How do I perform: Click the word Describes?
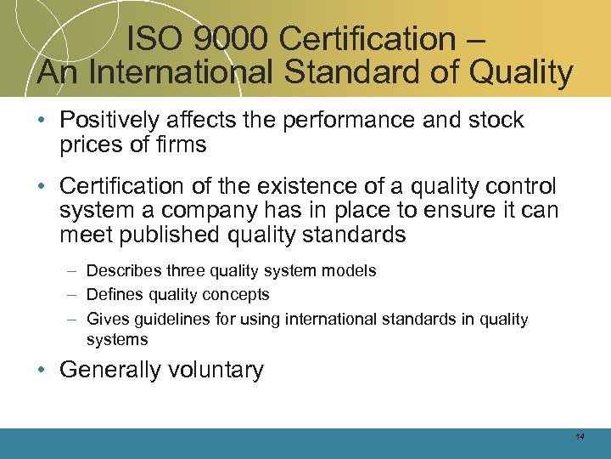click(x=119, y=270)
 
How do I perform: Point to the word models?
click(x=351, y=270)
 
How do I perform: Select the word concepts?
click(x=240, y=295)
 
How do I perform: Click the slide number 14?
click(x=580, y=436)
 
